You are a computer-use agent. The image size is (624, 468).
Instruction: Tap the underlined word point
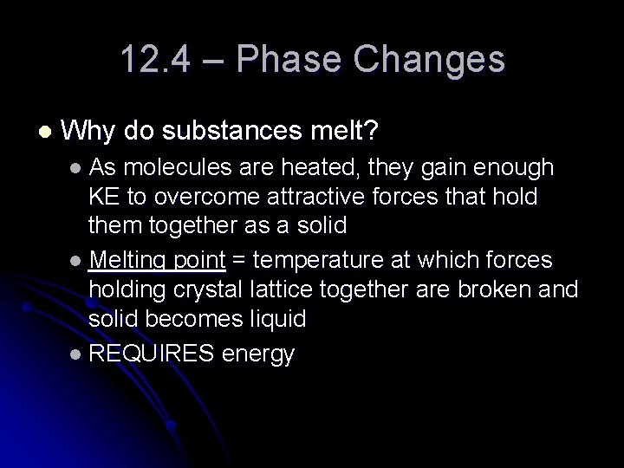coord(199,260)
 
